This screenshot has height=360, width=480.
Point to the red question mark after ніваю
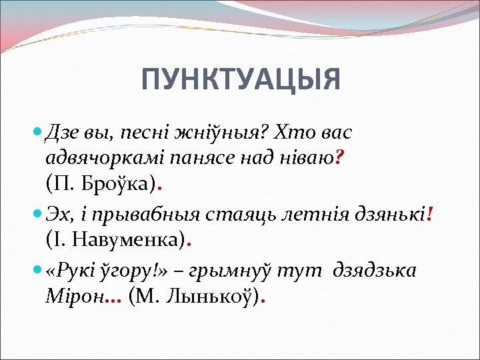(339, 157)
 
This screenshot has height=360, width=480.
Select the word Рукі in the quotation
(75, 270)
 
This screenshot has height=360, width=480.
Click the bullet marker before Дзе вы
(37, 133)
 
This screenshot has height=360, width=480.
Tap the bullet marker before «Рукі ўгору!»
(37, 271)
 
